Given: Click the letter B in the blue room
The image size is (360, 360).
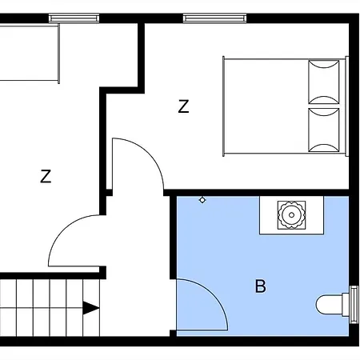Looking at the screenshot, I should tap(260, 286).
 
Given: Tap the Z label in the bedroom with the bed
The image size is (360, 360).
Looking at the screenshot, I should tap(184, 107).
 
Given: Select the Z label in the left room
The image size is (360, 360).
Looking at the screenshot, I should tap(46, 177).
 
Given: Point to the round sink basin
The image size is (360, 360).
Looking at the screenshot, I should tap(290, 214).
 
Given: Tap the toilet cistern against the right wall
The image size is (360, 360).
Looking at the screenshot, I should tap(352, 306).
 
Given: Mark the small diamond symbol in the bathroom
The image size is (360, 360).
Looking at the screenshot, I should tap(202, 200).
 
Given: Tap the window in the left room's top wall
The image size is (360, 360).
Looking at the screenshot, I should tap(74, 18).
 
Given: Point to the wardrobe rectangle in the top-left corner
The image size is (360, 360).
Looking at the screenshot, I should tap(29, 53).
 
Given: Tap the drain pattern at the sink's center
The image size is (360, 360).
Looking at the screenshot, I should tap(290, 214).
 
